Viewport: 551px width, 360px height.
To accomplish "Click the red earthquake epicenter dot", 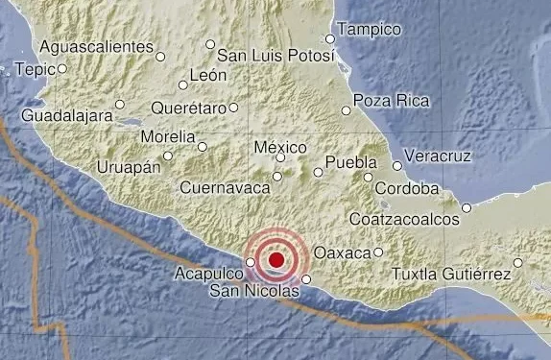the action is [x=276, y=258].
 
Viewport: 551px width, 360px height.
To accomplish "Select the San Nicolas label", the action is [x=247, y=289].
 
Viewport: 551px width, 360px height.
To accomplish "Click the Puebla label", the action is [x=346, y=161].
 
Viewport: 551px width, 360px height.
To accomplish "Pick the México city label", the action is [x=282, y=147].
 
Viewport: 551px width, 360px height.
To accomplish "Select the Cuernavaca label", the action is [x=224, y=188].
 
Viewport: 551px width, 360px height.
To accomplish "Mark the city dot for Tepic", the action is [x=62, y=68].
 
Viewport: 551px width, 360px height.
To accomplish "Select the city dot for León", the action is [x=182, y=84].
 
